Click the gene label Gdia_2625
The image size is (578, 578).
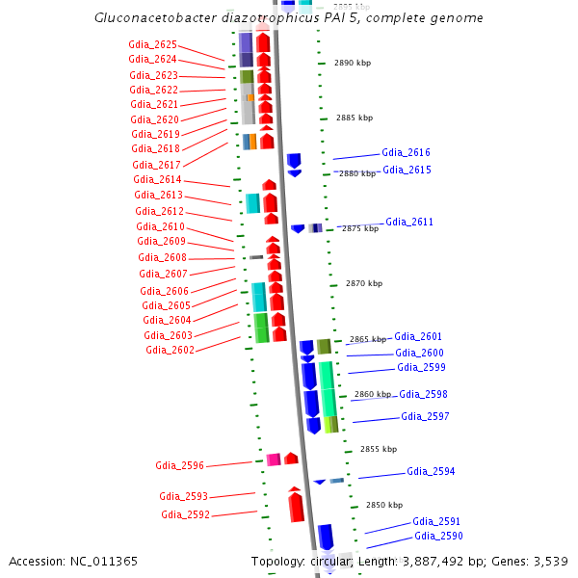coord(152,44)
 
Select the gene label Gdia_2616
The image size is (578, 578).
coord(406,153)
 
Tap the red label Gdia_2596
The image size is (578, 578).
coord(179,465)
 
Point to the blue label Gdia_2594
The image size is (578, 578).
coord(431,472)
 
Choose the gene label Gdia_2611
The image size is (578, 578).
coord(409,222)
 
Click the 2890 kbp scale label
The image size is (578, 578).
coord(353,63)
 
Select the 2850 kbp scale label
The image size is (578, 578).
coord(383,505)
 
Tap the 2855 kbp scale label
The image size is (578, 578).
coord(379,449)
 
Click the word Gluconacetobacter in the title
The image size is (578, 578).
coord(155,18)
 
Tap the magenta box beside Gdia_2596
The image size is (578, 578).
coord(274,460)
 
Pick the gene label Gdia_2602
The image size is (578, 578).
coord(170,350)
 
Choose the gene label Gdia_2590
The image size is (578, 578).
coord(438,536)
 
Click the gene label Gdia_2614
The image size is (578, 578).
coord(157,180)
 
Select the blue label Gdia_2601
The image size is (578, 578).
coord(418,336)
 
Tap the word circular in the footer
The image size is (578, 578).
coord(329,561)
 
